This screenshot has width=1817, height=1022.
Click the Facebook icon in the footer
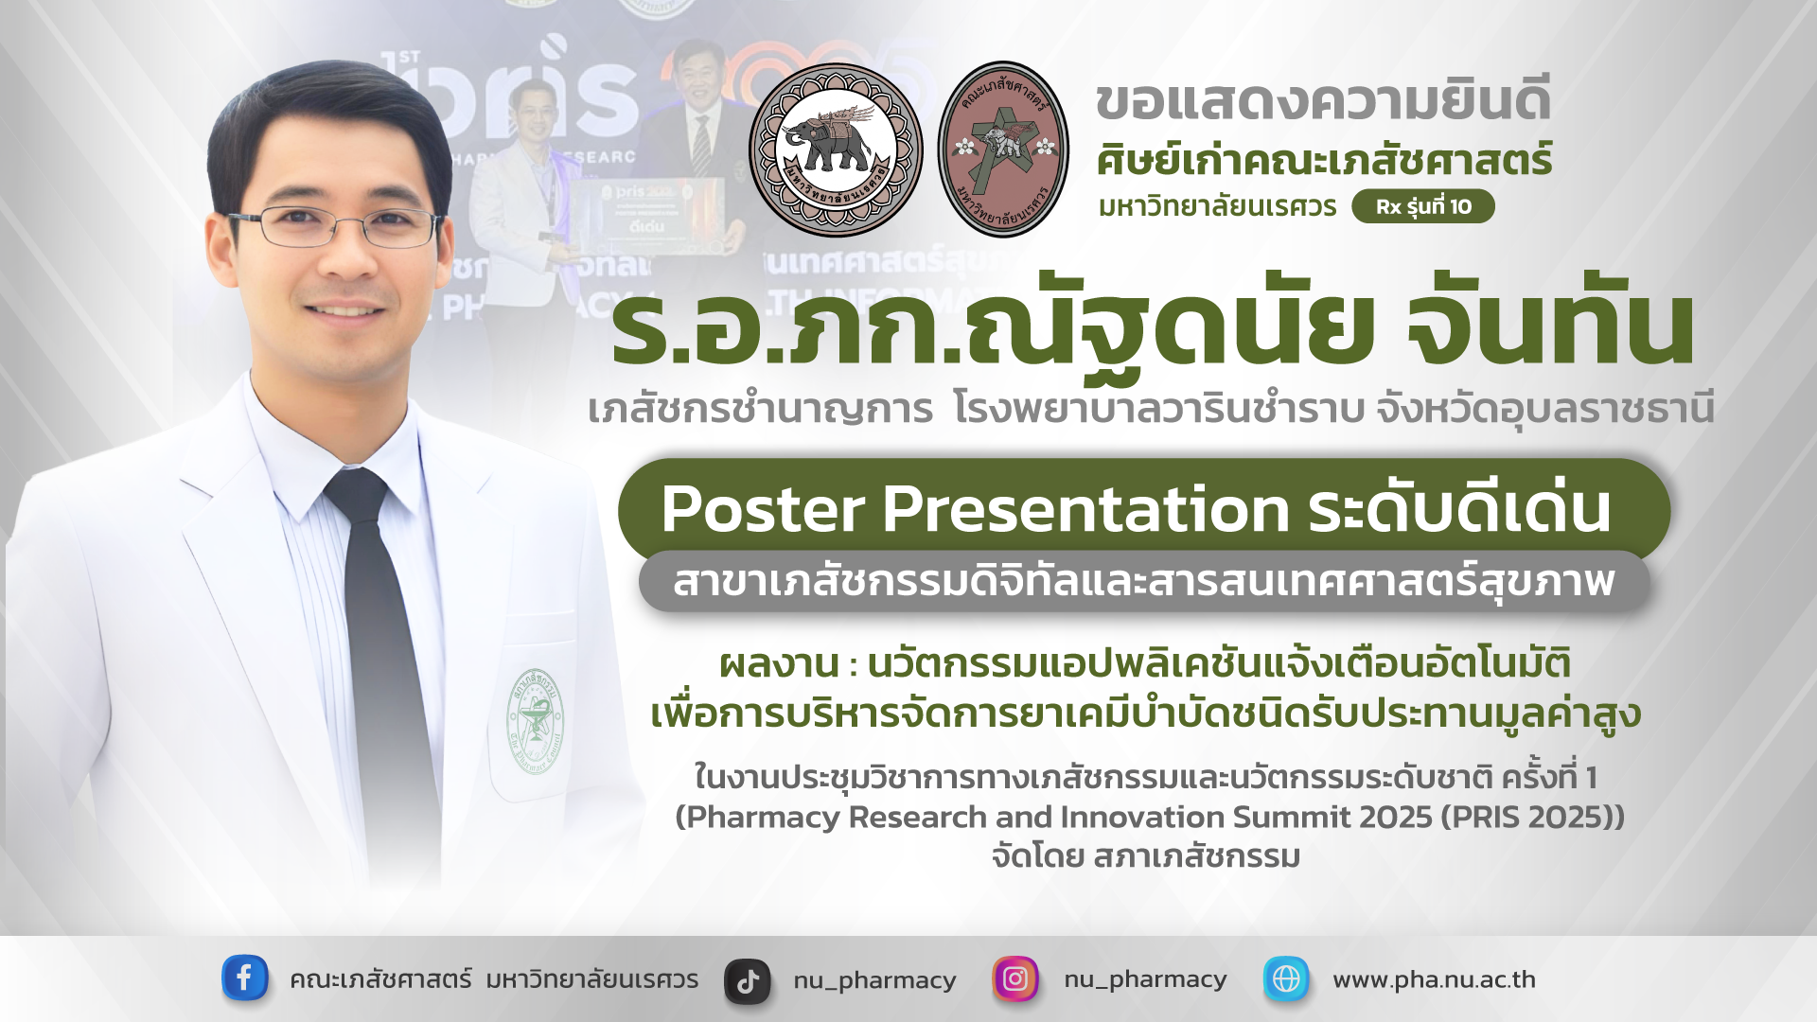tap(244, 978)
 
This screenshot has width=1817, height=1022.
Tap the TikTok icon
tap(748, 981)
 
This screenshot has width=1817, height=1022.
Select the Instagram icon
tap(1014, 978)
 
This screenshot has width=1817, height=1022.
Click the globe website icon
tap(1286, 978)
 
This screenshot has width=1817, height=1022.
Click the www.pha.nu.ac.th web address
tap(1434, 979)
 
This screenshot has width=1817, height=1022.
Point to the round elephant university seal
tap(836, 150)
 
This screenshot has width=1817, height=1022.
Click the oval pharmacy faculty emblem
tap(1003, 150)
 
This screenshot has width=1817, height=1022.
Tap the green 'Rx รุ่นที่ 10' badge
tap(1422, 206)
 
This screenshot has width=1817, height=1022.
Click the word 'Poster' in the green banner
tap(764, 509)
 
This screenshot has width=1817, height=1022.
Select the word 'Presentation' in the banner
tap(1085, 509)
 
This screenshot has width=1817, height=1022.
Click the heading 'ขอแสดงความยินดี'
tap(1323, 101)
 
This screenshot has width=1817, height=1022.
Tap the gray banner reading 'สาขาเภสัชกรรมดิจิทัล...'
tap(1143, 581)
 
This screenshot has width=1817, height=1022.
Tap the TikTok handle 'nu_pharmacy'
tap(874, 980)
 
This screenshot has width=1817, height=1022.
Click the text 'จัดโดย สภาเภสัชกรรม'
tap(1146, 856)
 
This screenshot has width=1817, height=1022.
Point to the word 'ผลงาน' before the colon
tap(779, 663)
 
